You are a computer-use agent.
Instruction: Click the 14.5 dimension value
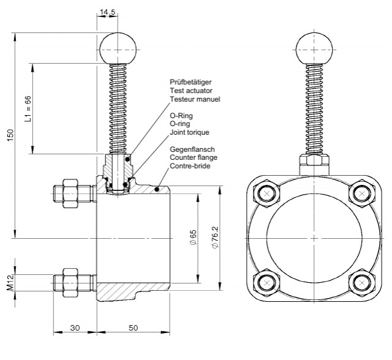(108, 12)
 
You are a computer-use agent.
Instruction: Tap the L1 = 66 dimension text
(27, 109)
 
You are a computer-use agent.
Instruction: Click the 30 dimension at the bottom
(75, 328)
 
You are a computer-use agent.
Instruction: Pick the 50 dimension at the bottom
(133, 328)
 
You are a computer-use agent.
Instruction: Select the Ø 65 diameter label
(193, 237)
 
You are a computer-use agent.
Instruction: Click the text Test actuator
(190, 91)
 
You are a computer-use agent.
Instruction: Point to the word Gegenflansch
(193, 149)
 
